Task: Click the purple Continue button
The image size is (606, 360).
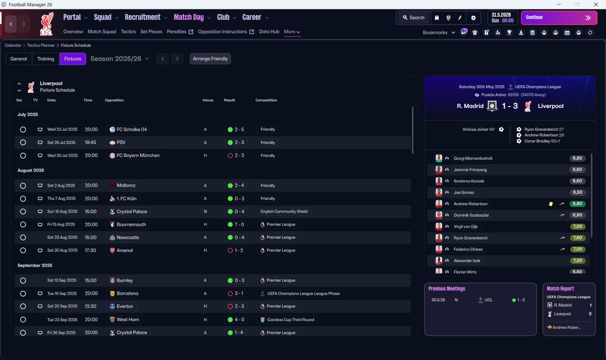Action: tap(559, 18)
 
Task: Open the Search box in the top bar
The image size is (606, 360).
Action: tap(413, 18)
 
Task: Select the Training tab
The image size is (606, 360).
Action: tap(45, 59)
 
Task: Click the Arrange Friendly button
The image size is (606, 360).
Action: tap(210, 59)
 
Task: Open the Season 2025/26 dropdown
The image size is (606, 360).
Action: tap(120, 59)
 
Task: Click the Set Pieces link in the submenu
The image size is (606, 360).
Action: tap(151, 32)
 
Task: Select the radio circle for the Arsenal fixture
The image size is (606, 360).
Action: tap(23, 251)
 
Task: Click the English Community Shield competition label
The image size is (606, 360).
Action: tap(284, 211)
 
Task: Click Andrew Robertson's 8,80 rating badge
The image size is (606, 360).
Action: tap(577, 204)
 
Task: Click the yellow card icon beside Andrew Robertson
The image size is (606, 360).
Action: tap(551, 204)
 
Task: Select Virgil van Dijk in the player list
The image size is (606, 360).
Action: tap(465, 226)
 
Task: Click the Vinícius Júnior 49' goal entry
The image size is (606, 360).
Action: tap(479, 129)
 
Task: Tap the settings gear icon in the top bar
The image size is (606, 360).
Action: tap(473, 18)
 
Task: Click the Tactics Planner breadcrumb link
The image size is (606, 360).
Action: tap(41, 45)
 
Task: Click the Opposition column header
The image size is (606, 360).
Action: tap(114, 100)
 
